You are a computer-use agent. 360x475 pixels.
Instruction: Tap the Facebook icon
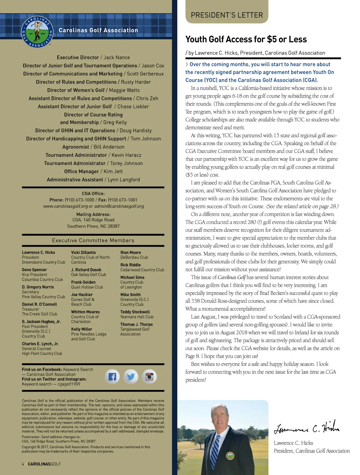point(112,377)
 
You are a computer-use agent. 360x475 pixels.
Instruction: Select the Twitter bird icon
point(131,377)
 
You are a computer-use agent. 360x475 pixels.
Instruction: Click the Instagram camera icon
point(149,377)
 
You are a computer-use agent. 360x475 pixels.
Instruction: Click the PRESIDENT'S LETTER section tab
point(227,15)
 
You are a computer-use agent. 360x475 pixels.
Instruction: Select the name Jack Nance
point(117,57)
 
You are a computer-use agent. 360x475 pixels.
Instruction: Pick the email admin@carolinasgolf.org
point(119,206)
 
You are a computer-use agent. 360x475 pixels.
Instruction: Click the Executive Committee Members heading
point(93,241)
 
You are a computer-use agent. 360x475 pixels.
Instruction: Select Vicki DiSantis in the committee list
point(83,253)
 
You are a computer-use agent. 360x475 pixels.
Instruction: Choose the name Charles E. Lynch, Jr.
point(40,344)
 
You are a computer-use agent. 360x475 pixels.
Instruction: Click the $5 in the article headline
point(272,39)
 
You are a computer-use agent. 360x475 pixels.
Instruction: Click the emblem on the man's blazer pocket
point(230,456)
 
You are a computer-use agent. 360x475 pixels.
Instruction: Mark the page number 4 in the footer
point(23,464)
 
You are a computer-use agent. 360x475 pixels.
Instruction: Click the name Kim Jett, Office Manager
point(113,171)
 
